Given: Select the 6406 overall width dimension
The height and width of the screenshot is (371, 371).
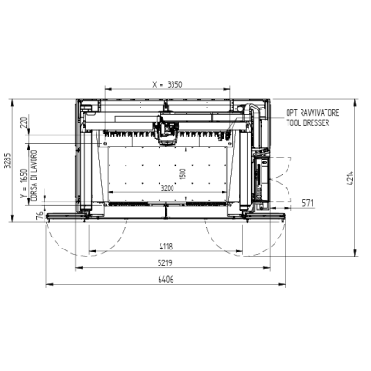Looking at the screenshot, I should point(166,277).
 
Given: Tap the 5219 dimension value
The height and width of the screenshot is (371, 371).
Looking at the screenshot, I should point(166,262).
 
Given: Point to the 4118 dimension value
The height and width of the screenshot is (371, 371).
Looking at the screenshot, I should point(166,247).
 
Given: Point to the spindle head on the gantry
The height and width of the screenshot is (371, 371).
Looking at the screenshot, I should point(168,133).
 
